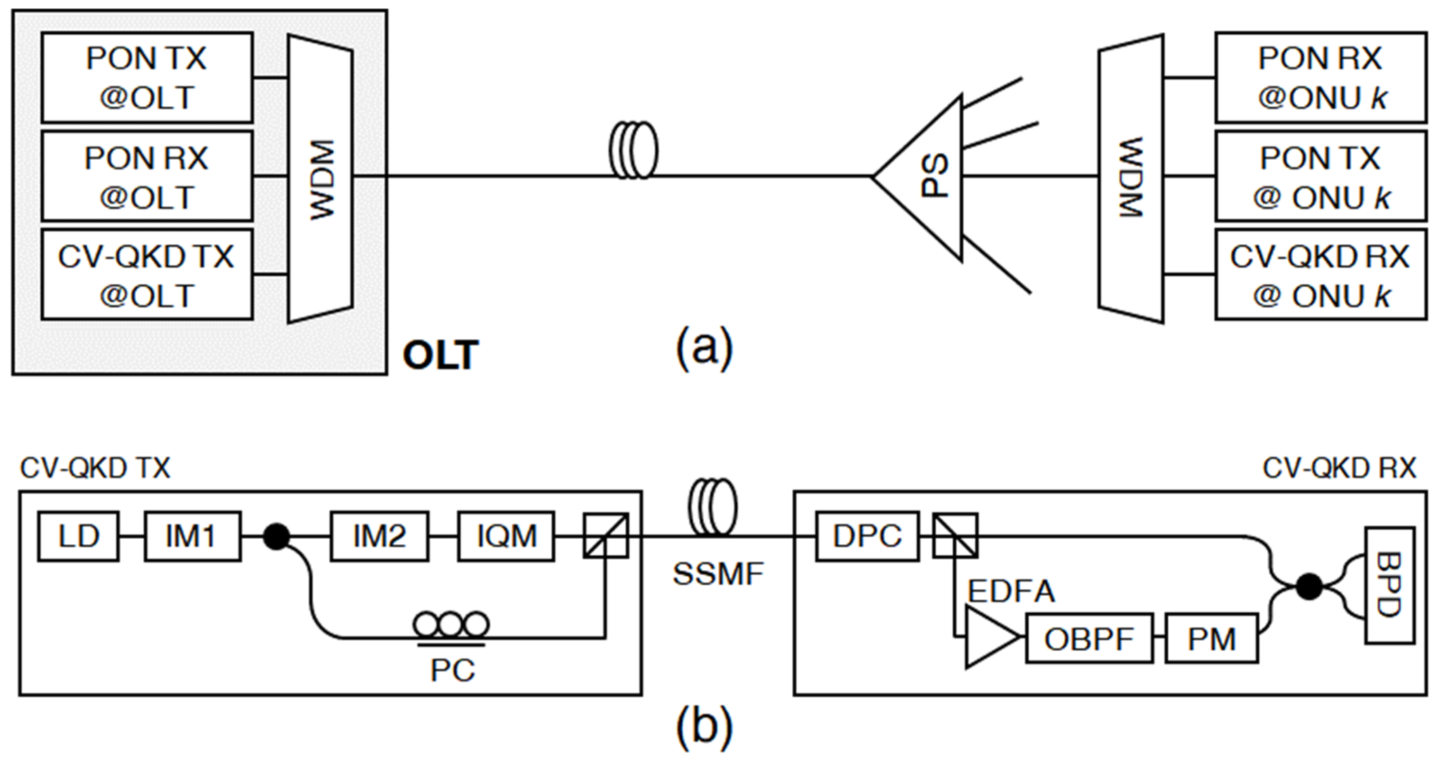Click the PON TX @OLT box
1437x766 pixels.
pyautogui.click(x=146, y=77)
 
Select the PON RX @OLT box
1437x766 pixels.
pyautogui.click(x=146, y=176)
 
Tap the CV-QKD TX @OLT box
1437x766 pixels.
pyautogui.click(x=146, y=275)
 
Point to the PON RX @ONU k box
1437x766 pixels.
pyautogui.click(x=1320, y=77)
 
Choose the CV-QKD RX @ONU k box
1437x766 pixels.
pyautogui.click(x=1320, y=275)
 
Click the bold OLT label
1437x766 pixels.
pyautogui.click(x=440, y=355)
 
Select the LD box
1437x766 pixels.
pyautogui.click(x=78, y=536)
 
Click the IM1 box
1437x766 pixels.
pyautogui.click(x=192, y=536)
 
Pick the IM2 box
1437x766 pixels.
pyautogui.click(x=379, y=536)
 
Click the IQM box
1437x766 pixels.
pyautogui.click(x=506, y=536)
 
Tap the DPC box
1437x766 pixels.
pyautogui.click(x=867, y=536)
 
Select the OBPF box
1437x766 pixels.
pyautogui.click(x=1089, y=639)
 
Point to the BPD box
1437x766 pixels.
pyautogui.click(x=1389, y=585)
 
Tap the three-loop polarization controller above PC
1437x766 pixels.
pyautogui.click(x=451, y=624)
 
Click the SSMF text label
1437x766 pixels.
pyautogui.click(x=718, y=574)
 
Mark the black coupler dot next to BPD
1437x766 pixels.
pyautogui.click(x=1309, y=586)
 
